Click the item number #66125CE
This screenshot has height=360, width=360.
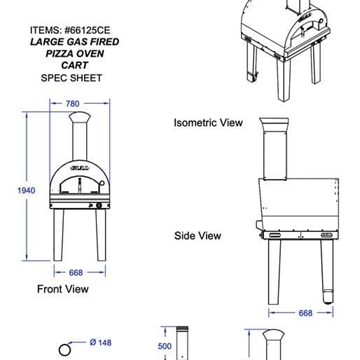(87, 30)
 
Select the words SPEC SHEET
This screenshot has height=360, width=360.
(71, 78)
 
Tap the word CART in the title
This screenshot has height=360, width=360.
(75, 65)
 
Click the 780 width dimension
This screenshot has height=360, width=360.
(70, 104)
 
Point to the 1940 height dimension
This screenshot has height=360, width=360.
(26, 191)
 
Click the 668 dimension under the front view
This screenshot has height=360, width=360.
(76, 273)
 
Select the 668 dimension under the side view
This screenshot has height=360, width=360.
(305, 313)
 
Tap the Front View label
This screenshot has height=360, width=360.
(63, 289)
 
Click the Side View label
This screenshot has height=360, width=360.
(198, 236)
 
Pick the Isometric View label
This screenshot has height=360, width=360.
(208, 123)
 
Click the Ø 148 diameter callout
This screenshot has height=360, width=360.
(101, 343)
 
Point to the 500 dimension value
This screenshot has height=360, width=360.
(165, 346)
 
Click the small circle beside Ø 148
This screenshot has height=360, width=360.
(65, 350)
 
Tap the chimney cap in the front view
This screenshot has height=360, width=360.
(80, 118)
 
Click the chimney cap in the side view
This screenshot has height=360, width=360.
(274, 123)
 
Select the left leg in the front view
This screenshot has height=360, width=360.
(58, 235)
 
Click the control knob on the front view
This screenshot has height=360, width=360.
(99, 206)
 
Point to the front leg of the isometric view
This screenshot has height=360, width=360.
(283, 81)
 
